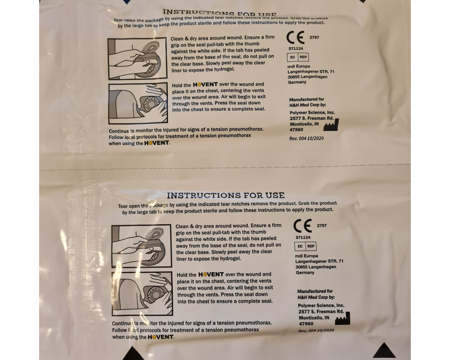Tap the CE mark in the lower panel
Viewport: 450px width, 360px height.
(302, 225)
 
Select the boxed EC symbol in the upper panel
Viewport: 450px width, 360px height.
(292, 58)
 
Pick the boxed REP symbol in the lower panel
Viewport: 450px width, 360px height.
(310, 246)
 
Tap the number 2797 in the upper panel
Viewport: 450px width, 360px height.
(314, 37)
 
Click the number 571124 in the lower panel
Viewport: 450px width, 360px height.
(303, 237)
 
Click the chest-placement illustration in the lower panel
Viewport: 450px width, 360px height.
(141, 293)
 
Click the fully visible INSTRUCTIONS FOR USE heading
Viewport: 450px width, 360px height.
(225, 195)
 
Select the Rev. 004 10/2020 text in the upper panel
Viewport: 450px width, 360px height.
(306, 138)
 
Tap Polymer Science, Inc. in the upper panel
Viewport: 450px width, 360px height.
(312, 112)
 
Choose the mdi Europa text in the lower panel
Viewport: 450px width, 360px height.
(307, 255)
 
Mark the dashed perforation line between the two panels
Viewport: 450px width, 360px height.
(225, 168)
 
